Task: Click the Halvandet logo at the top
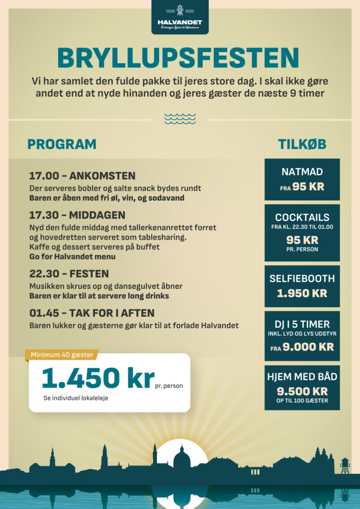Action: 180,17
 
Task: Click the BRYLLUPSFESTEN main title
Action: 179,59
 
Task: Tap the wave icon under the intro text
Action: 180,119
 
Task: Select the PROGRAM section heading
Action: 62,144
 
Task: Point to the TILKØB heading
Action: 302,144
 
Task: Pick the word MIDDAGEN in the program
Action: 97,215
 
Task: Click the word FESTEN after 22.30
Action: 90,274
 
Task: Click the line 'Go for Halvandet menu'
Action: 72,256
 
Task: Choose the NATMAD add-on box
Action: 302,179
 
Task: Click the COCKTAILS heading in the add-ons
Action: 302,218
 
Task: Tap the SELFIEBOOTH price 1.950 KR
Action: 302,293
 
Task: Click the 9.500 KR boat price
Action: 302,391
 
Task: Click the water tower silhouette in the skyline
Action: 345,465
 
